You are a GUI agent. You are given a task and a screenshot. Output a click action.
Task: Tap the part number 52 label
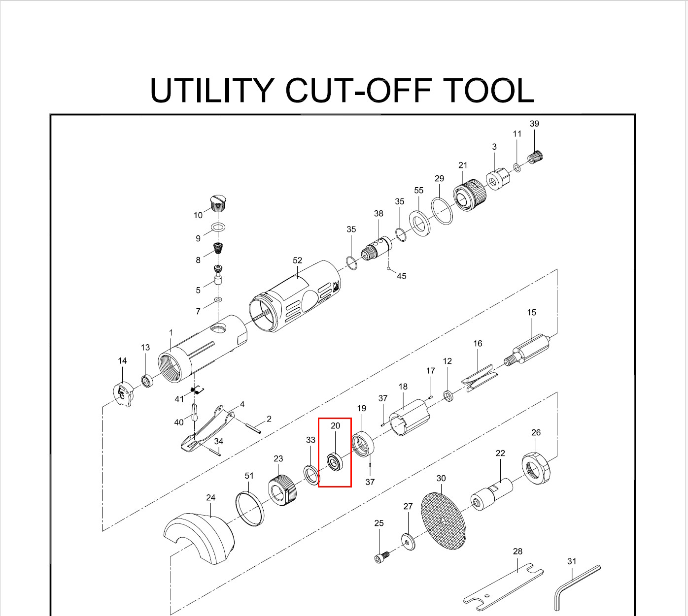tap(297, 260)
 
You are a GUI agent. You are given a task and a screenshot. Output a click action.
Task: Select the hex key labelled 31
tap(577, 586)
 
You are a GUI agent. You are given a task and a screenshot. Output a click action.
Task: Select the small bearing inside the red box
tap(335, 462)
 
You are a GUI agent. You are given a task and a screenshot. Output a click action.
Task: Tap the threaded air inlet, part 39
tap(536, 157)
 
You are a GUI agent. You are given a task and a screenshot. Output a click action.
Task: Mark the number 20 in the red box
tap(335, 425)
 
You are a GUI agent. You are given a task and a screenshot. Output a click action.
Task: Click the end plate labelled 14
tap(122, 394)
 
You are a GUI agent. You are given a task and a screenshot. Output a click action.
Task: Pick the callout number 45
tap(401, 276)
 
